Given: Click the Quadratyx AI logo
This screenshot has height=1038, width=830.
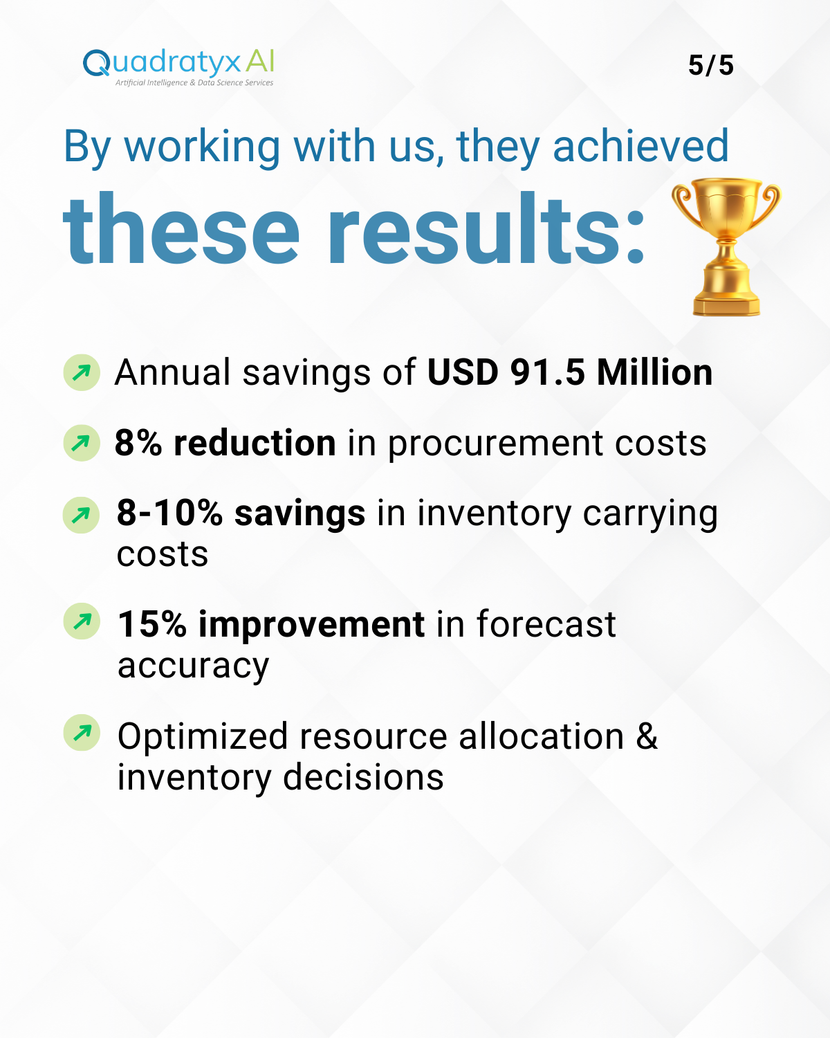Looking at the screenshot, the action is coord(178,67).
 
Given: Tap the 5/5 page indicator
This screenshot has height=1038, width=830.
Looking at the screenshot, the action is coord(710,65).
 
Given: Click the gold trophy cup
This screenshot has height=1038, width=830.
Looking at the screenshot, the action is coord(726,246).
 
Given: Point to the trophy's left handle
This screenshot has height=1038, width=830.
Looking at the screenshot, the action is coord(684,203).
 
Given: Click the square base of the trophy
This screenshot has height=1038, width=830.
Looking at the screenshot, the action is coord(726,306).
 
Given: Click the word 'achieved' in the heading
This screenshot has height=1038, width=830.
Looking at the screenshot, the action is coord(640,146).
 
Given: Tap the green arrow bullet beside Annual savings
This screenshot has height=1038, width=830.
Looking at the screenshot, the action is coord(82,372).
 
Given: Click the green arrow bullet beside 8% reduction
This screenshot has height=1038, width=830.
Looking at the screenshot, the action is coord(82,443).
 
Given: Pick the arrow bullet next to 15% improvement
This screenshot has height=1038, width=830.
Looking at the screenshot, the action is coord(82,621).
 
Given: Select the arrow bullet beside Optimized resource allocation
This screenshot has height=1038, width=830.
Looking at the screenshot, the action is coord(82,733).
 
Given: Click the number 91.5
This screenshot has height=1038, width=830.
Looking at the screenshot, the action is coord(547,373).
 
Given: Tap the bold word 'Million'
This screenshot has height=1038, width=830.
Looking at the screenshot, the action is coord(654,372).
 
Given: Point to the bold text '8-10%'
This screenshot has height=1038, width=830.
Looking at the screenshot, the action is coord(169,513).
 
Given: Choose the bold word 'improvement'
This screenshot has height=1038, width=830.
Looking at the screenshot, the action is coord(311,626).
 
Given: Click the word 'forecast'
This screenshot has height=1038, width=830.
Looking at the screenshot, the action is coord(546,624).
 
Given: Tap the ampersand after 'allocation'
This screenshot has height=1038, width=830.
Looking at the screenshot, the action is coord(647,736).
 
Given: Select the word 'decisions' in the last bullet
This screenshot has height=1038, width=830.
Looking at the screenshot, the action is coord(363,778).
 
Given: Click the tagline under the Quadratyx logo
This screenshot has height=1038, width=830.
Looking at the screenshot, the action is coord(194,83).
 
